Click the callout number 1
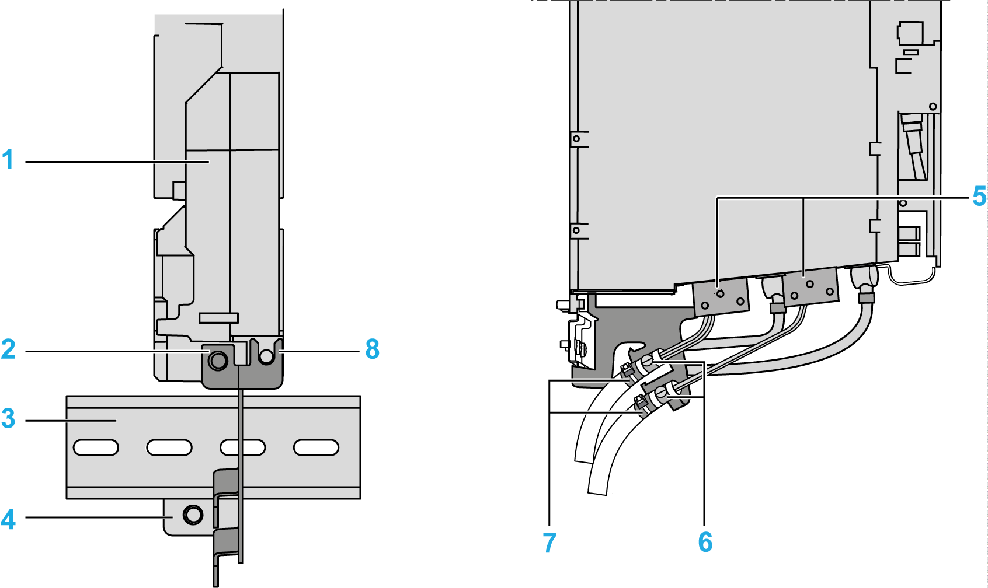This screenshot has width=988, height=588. pos(8,160)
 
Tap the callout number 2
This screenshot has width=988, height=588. pos(8,349)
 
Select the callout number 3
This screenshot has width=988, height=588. pos(8,418)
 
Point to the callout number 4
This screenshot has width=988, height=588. pos(8,519)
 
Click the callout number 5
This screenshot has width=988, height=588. pos(979,197)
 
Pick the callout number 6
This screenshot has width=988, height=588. pos(705,542)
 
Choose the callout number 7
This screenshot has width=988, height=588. pos(549,542)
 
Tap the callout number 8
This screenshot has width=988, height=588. pos(372,349)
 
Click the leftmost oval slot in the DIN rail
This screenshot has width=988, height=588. pos(96,447)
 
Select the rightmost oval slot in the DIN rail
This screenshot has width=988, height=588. pos(316,447)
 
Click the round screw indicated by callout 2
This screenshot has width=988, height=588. pos(218,360)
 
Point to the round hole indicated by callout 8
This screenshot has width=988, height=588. pos(266,355)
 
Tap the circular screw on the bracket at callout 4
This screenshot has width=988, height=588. pos(193,514)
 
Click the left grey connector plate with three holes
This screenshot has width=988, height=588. pos(721,297)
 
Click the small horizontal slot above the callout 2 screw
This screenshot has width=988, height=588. pos(218,317)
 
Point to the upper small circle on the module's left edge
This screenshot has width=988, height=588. pos(576,139)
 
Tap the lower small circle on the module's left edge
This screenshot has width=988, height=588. pos(576,230)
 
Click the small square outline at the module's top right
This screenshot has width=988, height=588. pos(909,33)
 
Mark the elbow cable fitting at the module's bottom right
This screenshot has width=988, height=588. pos(865,282)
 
